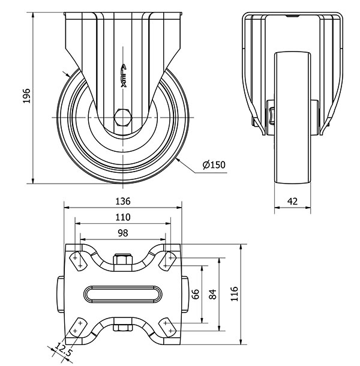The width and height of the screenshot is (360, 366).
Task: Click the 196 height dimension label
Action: pos(26,96)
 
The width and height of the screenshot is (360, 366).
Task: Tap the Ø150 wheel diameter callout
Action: pos(214,165)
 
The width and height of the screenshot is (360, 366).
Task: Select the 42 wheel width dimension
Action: pos(292,201)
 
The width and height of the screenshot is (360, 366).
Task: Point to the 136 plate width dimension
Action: pos(123,201)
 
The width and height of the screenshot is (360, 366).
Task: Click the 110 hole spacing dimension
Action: pos(123,217)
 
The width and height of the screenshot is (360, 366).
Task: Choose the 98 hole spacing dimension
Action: pos(123,233)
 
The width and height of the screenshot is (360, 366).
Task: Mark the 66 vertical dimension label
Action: pos(195,294)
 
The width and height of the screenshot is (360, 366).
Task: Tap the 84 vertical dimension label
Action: pos(212,294)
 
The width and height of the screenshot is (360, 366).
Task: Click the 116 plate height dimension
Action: pos(234,293)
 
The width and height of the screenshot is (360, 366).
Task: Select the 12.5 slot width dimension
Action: pos(62,349)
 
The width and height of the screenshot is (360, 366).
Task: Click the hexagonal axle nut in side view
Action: pos(123,118)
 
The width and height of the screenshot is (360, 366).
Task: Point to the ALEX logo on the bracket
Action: pos(124,76)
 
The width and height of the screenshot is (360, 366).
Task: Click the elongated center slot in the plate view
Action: pos(123,294)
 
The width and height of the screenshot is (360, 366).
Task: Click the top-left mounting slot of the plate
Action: pos(78,262)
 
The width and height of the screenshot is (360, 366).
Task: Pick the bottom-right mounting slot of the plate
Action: pos(168,327)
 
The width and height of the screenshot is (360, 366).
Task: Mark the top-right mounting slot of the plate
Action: pos(168,262)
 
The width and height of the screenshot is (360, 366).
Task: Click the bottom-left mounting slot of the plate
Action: pos(78,327)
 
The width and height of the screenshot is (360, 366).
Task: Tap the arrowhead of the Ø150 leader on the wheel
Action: pos(178,160)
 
